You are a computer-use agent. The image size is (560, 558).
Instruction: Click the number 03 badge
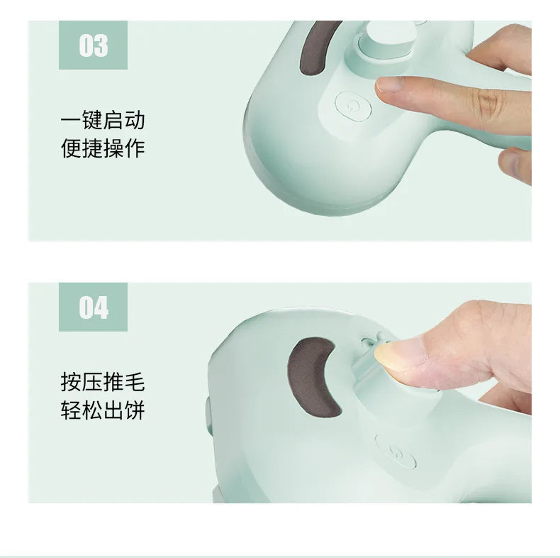[93, 45]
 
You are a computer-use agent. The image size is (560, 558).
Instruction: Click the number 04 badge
[93, 307]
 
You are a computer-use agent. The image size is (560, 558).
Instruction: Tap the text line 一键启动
[103, 120]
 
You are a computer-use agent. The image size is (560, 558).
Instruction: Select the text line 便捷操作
[103, 148]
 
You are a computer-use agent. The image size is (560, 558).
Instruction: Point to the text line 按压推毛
[103, 382]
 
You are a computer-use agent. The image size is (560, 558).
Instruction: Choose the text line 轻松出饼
[103, 410]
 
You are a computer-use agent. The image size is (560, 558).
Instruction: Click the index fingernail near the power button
[389, 84]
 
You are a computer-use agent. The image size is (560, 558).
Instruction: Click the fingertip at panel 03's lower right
[514, 163]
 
